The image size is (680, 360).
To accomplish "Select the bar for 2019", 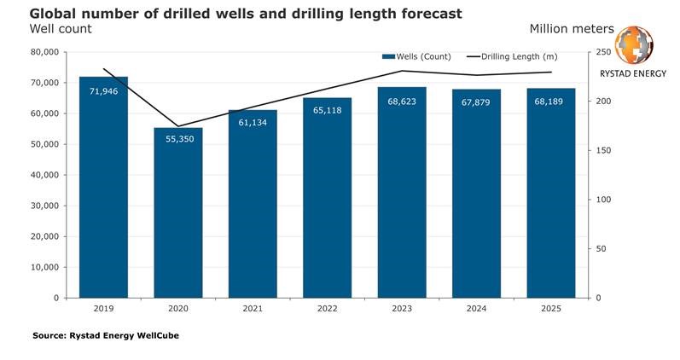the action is click(103, 188).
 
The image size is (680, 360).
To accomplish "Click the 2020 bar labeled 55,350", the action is click(178, 213).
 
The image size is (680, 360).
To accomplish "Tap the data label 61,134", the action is click(253, 123).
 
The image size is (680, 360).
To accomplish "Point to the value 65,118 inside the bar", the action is click(327, 110).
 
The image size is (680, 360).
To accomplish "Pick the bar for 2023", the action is click(402, 193).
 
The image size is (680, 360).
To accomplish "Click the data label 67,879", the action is click(476, 102).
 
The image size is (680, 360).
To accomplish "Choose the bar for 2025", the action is click(551, 193).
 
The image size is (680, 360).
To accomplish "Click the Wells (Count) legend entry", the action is click(416, 57).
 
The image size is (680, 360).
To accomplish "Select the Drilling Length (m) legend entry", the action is click(512, 57).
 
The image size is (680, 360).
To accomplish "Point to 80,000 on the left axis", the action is click(44, 52).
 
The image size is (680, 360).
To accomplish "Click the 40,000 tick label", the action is click(44, 175).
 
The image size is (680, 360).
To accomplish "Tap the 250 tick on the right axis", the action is click(603, 52).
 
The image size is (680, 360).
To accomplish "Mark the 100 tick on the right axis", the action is click(603, 200).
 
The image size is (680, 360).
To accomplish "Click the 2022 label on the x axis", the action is click(327, 308).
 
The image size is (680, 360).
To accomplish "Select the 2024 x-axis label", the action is click(476, 308).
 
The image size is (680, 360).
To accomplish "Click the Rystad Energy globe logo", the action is click(634, 45).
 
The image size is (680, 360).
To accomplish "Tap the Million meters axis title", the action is click(572, 29).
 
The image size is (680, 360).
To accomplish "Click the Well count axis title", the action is click(61, 29).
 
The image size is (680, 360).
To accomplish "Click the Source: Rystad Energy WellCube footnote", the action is click(106, 335).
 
